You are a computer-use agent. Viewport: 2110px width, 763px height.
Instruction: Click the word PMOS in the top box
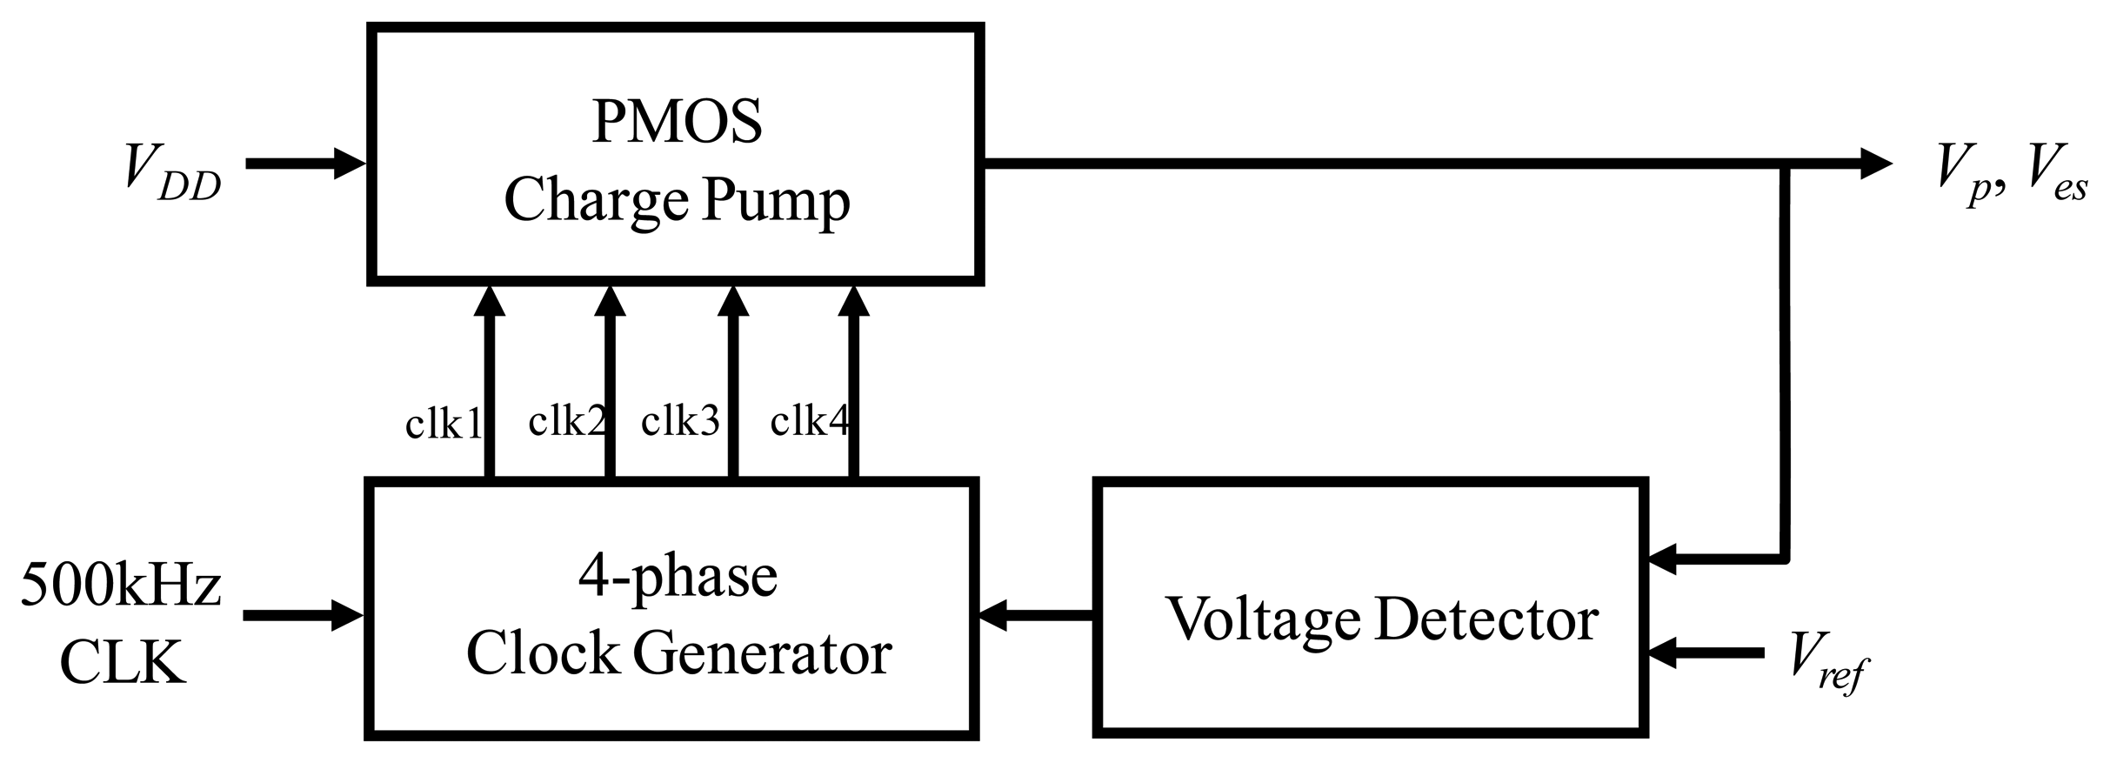pos(677,122)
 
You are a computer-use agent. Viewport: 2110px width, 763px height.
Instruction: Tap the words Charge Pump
pos(677,202)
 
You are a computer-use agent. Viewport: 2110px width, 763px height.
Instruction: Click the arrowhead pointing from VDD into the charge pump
pos(350,163)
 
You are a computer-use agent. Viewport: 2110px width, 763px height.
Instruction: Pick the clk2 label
pos(566,422)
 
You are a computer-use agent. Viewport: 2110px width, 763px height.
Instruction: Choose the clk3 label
pos(680,422)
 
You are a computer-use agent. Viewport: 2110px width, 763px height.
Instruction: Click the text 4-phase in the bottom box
pos(677,577)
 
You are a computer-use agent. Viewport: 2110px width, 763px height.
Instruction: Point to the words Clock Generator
pos(678,653)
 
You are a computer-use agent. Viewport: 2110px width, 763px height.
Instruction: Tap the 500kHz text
pos(122,586)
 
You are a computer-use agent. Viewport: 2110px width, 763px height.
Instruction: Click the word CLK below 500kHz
pos(122,663)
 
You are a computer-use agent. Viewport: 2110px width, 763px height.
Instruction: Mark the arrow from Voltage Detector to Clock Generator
pos(1035,616)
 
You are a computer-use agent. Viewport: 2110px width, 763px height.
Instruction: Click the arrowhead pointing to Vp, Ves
pos(1874,163)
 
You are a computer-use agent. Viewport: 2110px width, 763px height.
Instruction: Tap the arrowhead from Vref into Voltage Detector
pos(1663,653)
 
